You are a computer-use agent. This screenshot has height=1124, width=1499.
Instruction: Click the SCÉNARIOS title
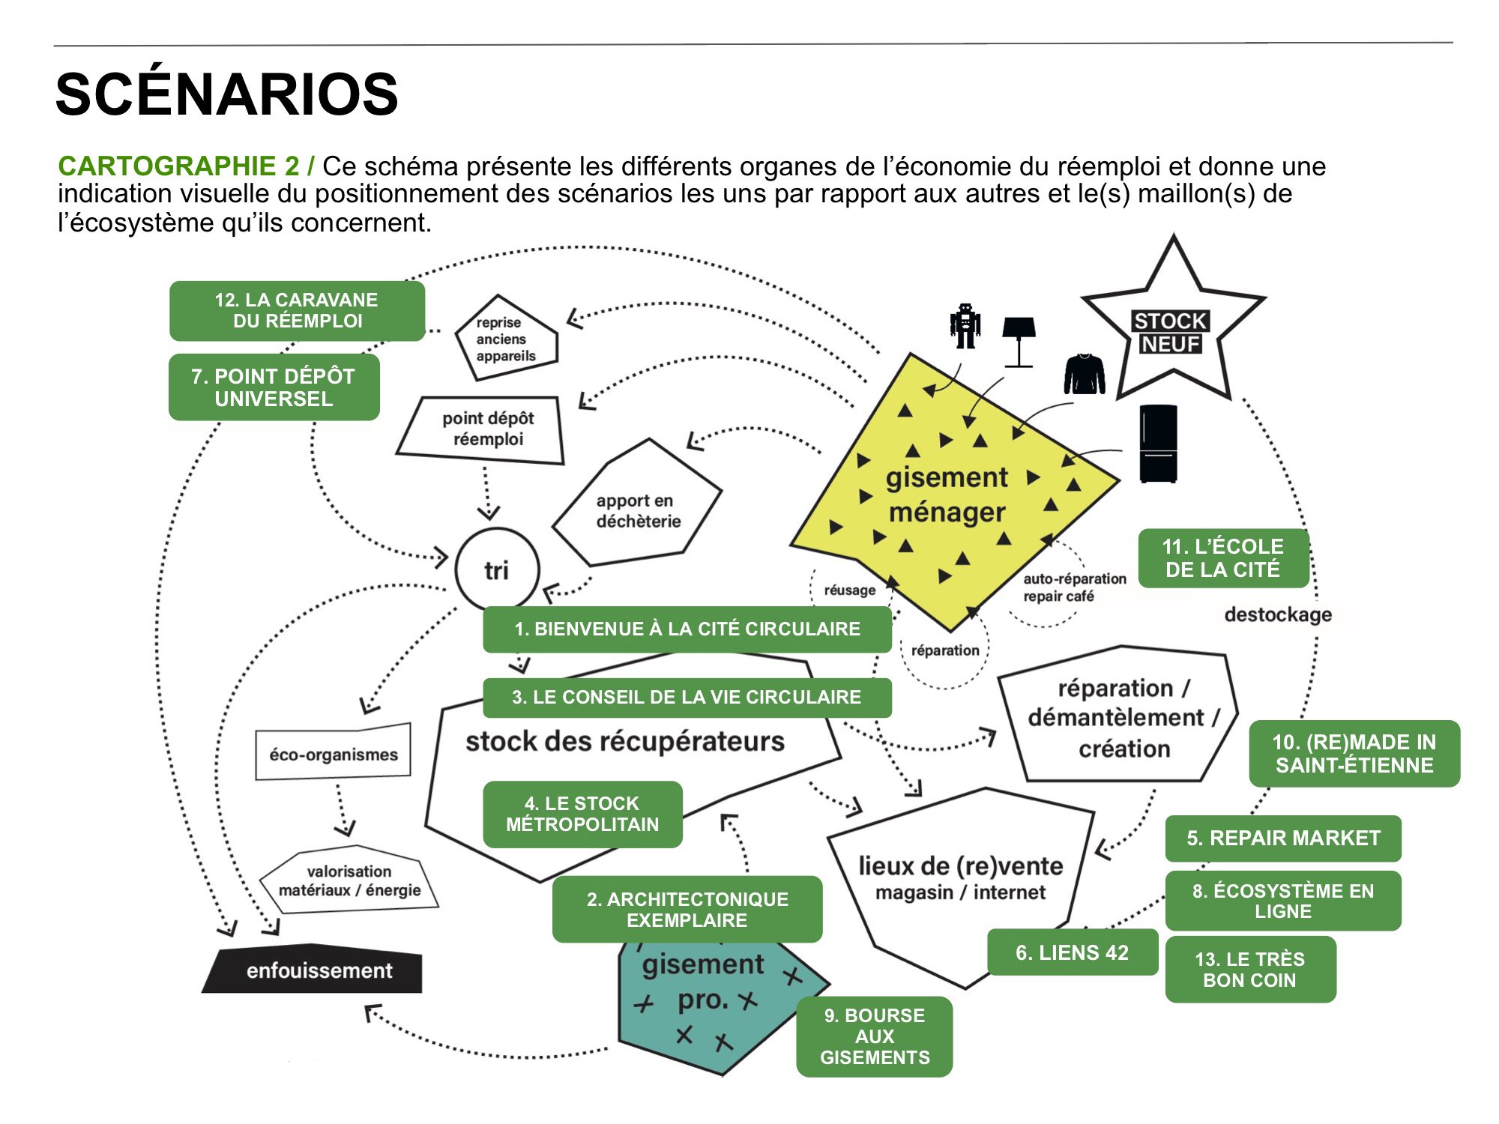226,94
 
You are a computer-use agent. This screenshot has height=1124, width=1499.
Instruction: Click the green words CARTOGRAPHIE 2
178,166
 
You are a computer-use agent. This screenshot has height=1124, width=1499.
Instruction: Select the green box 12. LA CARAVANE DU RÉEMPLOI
297,311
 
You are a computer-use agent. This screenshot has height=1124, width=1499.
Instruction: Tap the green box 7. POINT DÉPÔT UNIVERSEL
274,387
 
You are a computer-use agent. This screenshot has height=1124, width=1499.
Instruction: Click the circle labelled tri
496,570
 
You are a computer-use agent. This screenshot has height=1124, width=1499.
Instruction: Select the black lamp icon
1019,341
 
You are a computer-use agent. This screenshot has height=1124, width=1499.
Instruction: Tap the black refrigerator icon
1158,443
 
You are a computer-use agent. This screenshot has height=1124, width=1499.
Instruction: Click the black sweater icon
1085,374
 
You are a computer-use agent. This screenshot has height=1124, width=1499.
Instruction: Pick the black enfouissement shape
315,970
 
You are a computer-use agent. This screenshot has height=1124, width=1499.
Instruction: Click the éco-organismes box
334,753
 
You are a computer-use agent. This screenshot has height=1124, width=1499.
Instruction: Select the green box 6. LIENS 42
1072,952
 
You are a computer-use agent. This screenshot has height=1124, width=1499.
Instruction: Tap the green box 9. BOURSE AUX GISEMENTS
874,1036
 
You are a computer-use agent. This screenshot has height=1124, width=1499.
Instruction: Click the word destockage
1278,614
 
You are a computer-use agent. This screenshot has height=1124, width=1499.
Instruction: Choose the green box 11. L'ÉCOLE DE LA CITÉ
1222,558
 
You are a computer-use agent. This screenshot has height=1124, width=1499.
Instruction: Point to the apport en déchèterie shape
637,510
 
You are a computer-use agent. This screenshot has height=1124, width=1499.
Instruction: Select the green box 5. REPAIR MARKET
1282,839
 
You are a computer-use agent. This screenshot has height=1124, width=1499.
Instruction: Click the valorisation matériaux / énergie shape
349,881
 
